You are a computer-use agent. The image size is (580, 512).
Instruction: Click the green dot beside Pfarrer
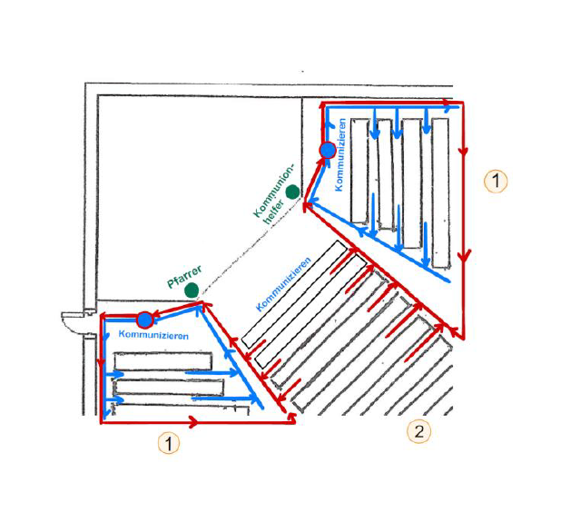click(x=192, y=290)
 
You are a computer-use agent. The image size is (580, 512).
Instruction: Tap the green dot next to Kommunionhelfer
click(x=292, y=192)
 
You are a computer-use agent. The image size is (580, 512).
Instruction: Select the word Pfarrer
click(x=184, y=273)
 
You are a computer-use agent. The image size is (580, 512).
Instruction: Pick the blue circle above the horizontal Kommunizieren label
click(x=144, y=320)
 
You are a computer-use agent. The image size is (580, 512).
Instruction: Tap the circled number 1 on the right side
click(x=495, y=181)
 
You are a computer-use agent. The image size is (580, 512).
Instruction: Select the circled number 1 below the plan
click(x=168, y=443)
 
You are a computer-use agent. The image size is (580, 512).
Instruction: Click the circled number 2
click(x=418, y=430)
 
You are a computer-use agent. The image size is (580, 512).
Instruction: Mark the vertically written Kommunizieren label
click(x=340, y=155)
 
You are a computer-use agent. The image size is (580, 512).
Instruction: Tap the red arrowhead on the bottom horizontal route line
click(x=192, y=421)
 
